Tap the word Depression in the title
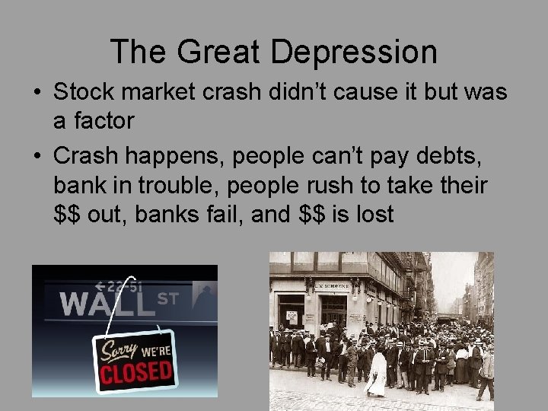point(354,52)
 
